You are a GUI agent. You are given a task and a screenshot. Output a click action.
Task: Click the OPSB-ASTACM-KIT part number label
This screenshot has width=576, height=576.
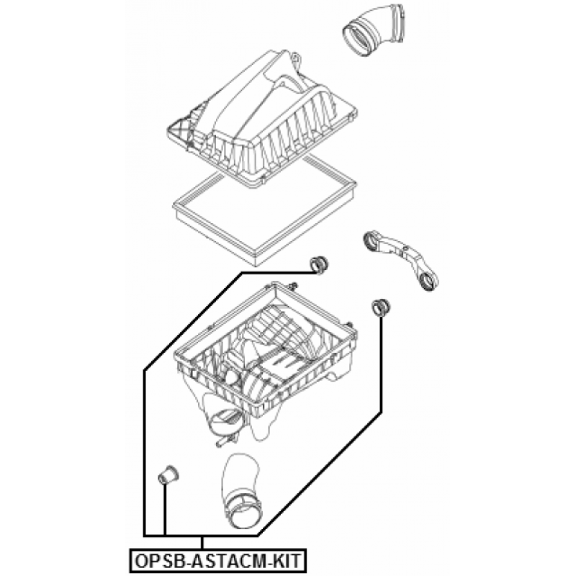[218, 560]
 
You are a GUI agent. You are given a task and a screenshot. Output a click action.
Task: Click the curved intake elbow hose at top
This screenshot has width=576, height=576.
[374, 30]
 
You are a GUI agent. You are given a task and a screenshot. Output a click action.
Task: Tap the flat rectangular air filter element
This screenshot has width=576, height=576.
[264, 210]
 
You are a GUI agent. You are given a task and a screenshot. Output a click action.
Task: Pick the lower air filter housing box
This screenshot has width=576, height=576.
[265, 364]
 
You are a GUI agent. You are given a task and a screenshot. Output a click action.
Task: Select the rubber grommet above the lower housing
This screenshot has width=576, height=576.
[319, 264]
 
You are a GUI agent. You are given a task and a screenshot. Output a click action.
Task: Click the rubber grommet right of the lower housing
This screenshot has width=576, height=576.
[381, 307]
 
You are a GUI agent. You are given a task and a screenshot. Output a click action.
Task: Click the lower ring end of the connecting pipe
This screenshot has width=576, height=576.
[428, 282]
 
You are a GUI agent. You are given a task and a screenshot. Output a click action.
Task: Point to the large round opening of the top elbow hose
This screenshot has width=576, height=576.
[357, 38]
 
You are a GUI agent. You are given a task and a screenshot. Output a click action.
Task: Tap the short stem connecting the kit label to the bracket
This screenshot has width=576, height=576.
[202, 542]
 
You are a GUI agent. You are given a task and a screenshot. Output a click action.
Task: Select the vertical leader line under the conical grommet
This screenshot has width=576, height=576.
[165, 509]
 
